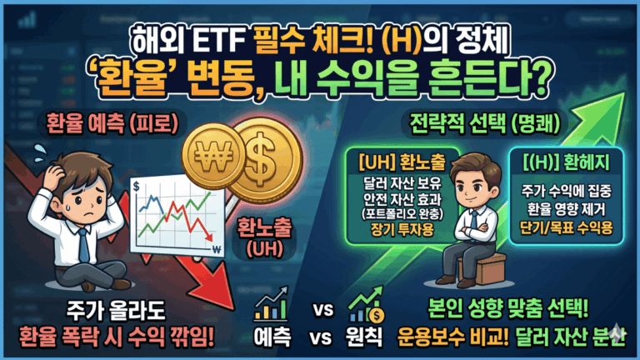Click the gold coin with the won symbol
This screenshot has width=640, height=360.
[213, 156]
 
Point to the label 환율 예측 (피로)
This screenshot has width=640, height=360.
[112, 123]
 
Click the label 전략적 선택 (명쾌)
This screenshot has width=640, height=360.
[484, 123]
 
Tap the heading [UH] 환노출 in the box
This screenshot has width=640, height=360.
[402, 162]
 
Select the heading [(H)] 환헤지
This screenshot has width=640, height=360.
[566, 162]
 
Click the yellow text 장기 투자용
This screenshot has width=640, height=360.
[402, 230]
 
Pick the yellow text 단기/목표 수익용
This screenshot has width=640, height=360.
[566, 227]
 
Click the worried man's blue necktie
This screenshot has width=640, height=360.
[83, 245]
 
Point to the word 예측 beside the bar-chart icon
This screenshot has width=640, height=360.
[272, 337]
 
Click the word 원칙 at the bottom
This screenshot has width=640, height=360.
[364, 337]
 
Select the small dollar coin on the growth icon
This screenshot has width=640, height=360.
[377, 315]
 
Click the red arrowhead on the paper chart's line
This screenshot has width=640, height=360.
[208, 237]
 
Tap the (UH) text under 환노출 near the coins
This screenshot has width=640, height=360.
[265, 248]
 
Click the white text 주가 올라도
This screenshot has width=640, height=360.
[116, 312]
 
